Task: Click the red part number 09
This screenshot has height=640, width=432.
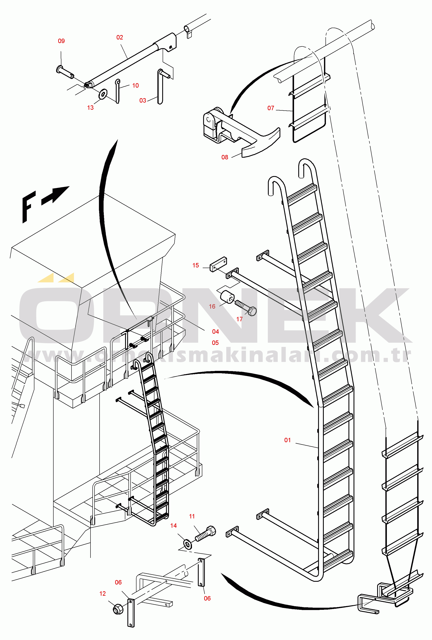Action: point(61,41)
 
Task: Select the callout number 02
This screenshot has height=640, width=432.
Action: point(120,37)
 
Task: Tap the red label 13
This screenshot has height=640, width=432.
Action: point(90,108)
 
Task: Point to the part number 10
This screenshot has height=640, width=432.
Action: point(135,86)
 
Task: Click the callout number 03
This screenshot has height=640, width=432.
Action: point(143,100)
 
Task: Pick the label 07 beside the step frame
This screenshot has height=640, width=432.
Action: point(271,108)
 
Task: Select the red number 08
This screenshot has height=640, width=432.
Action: point(225,157)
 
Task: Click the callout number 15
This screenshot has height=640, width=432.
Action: point(196,266)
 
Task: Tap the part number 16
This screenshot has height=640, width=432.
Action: point(212,306)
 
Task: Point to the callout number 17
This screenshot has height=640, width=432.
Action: point(239,319)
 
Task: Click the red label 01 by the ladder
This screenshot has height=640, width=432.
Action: point(288,440)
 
